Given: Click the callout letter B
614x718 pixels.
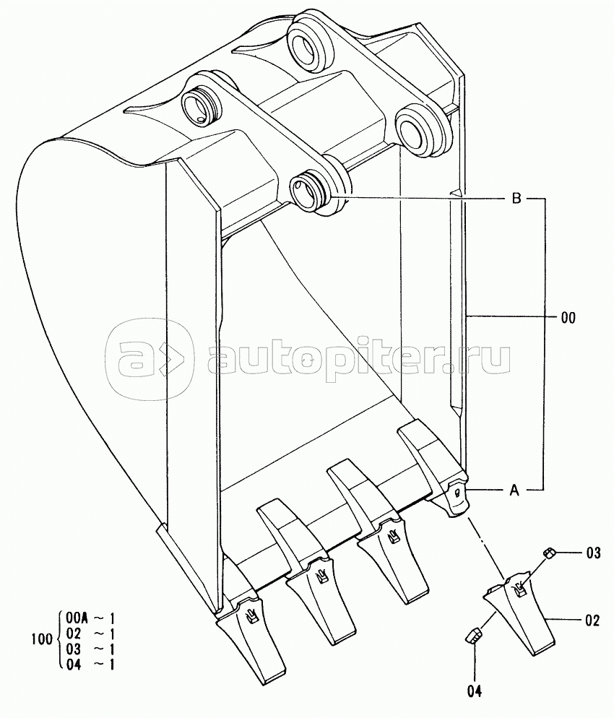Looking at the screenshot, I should click(x=516, y=199).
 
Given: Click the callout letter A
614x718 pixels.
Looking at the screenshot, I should click(x=514, y=490).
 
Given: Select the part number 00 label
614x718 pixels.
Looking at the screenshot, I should click(x=568, y=316).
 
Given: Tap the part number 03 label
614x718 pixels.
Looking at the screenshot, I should click(x=593, y=554).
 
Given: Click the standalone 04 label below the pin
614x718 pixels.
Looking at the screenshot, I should click(x=474, y=691).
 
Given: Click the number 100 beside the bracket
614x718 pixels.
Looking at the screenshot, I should click(x=43, y=639).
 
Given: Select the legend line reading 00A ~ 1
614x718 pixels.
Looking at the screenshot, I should click(x=90, y=618).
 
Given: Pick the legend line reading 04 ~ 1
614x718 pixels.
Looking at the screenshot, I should click(x=90, y=664).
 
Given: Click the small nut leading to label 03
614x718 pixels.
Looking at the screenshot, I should click(x=549, y=553).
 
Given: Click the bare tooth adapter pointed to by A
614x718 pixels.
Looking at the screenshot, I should click(x=454, y=498).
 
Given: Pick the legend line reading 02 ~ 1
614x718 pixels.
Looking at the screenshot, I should click(x=90, y=633).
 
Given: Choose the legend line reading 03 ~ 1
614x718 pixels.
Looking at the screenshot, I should click(x=90, y=649).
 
